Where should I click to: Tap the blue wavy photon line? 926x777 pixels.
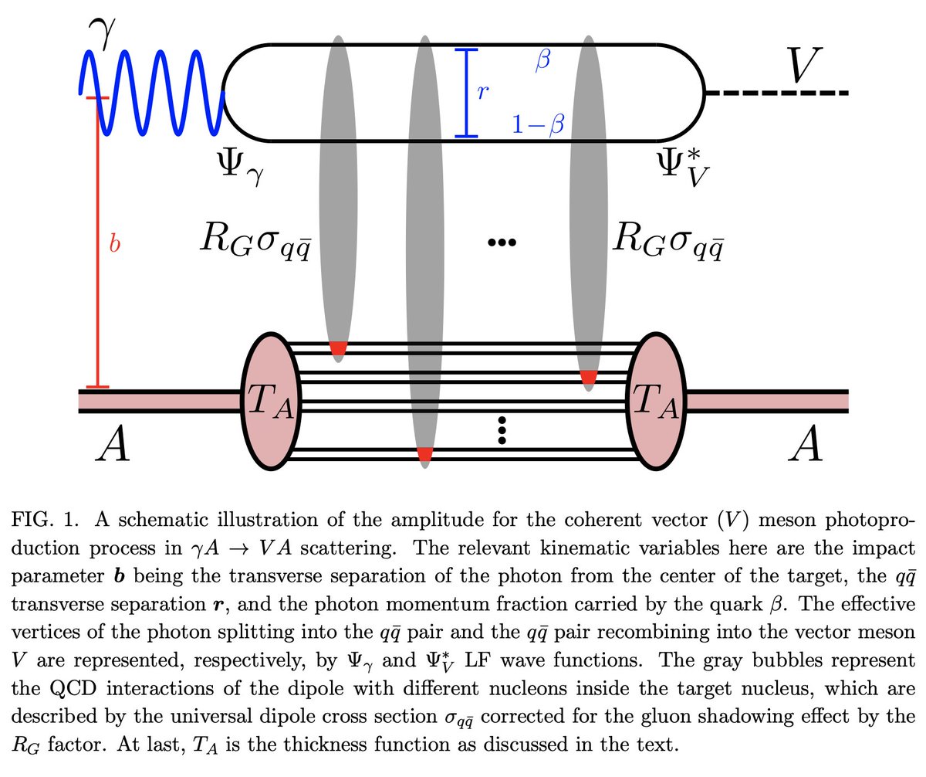coord(154,93)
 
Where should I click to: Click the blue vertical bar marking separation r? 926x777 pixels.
coord(465,93)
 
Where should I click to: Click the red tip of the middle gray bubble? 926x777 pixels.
coord(424,455)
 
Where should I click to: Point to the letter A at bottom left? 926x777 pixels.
coord(111,446)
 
